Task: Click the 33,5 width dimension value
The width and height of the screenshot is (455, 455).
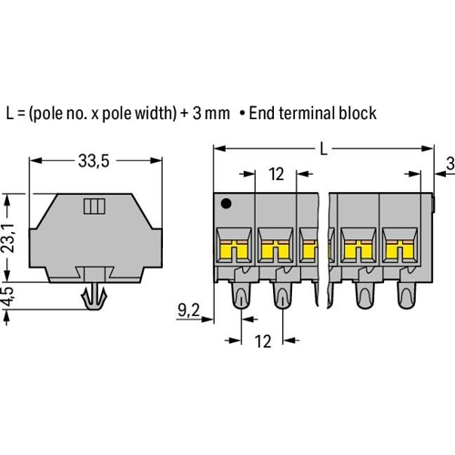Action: [94, 161]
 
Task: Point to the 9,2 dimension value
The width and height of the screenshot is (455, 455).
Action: [188, 310]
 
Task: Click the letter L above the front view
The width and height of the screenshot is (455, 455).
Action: [324, 149]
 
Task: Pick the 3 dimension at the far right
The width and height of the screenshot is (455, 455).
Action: [450, 164]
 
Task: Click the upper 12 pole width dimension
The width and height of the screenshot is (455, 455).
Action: [276, 174]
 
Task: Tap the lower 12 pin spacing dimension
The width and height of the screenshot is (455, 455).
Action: [263, 341]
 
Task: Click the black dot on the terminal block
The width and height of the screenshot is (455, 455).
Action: [227, 204]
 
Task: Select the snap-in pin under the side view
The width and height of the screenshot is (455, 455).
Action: [95, 297]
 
